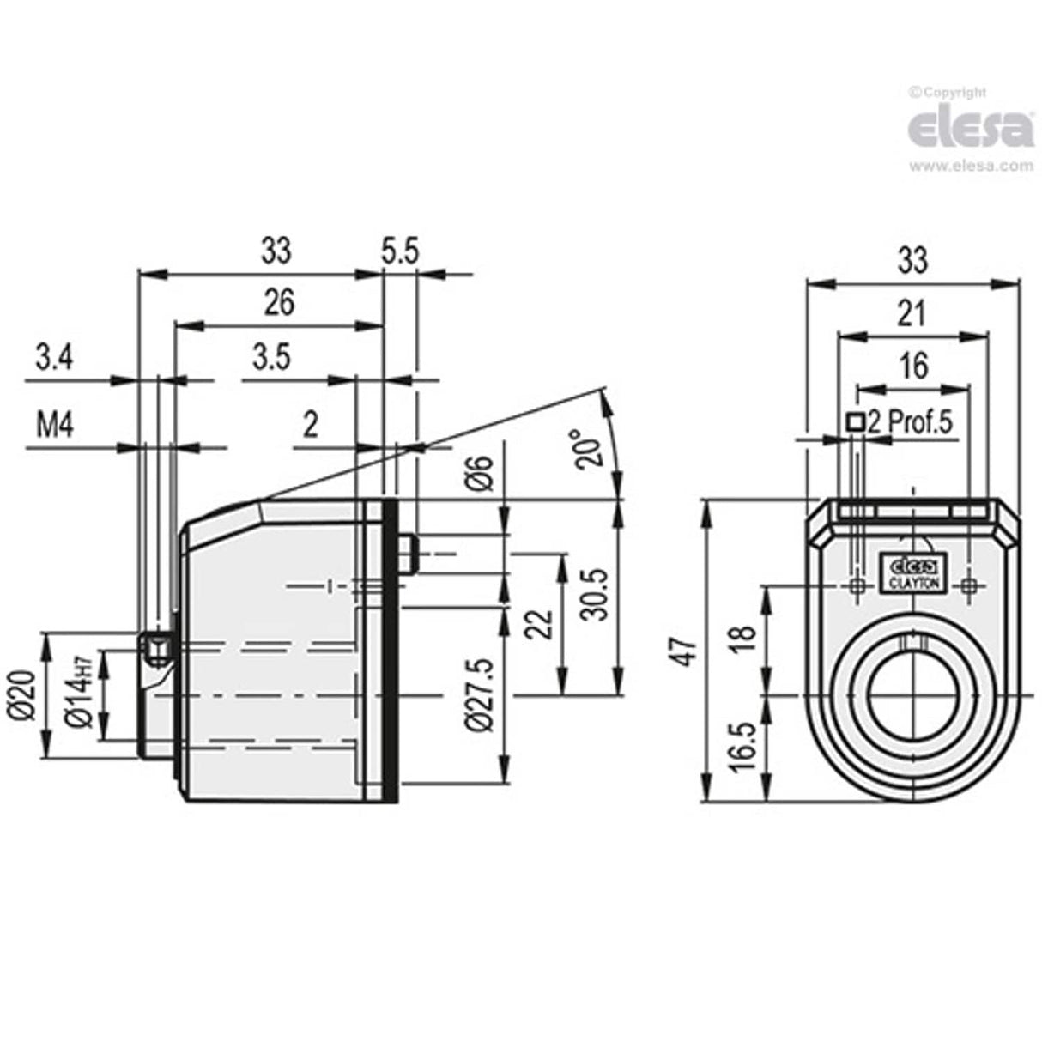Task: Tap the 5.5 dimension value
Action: click(x=399, y=251)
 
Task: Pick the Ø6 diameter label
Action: click(x=482, y=471)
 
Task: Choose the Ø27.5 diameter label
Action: click(x=482, y=695)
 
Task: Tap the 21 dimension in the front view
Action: click(x=912, y=314)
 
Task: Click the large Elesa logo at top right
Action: click(x=970, y=130)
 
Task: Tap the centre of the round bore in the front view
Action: click(x=913, y=693)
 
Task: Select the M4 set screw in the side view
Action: click(x=156, y=650)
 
